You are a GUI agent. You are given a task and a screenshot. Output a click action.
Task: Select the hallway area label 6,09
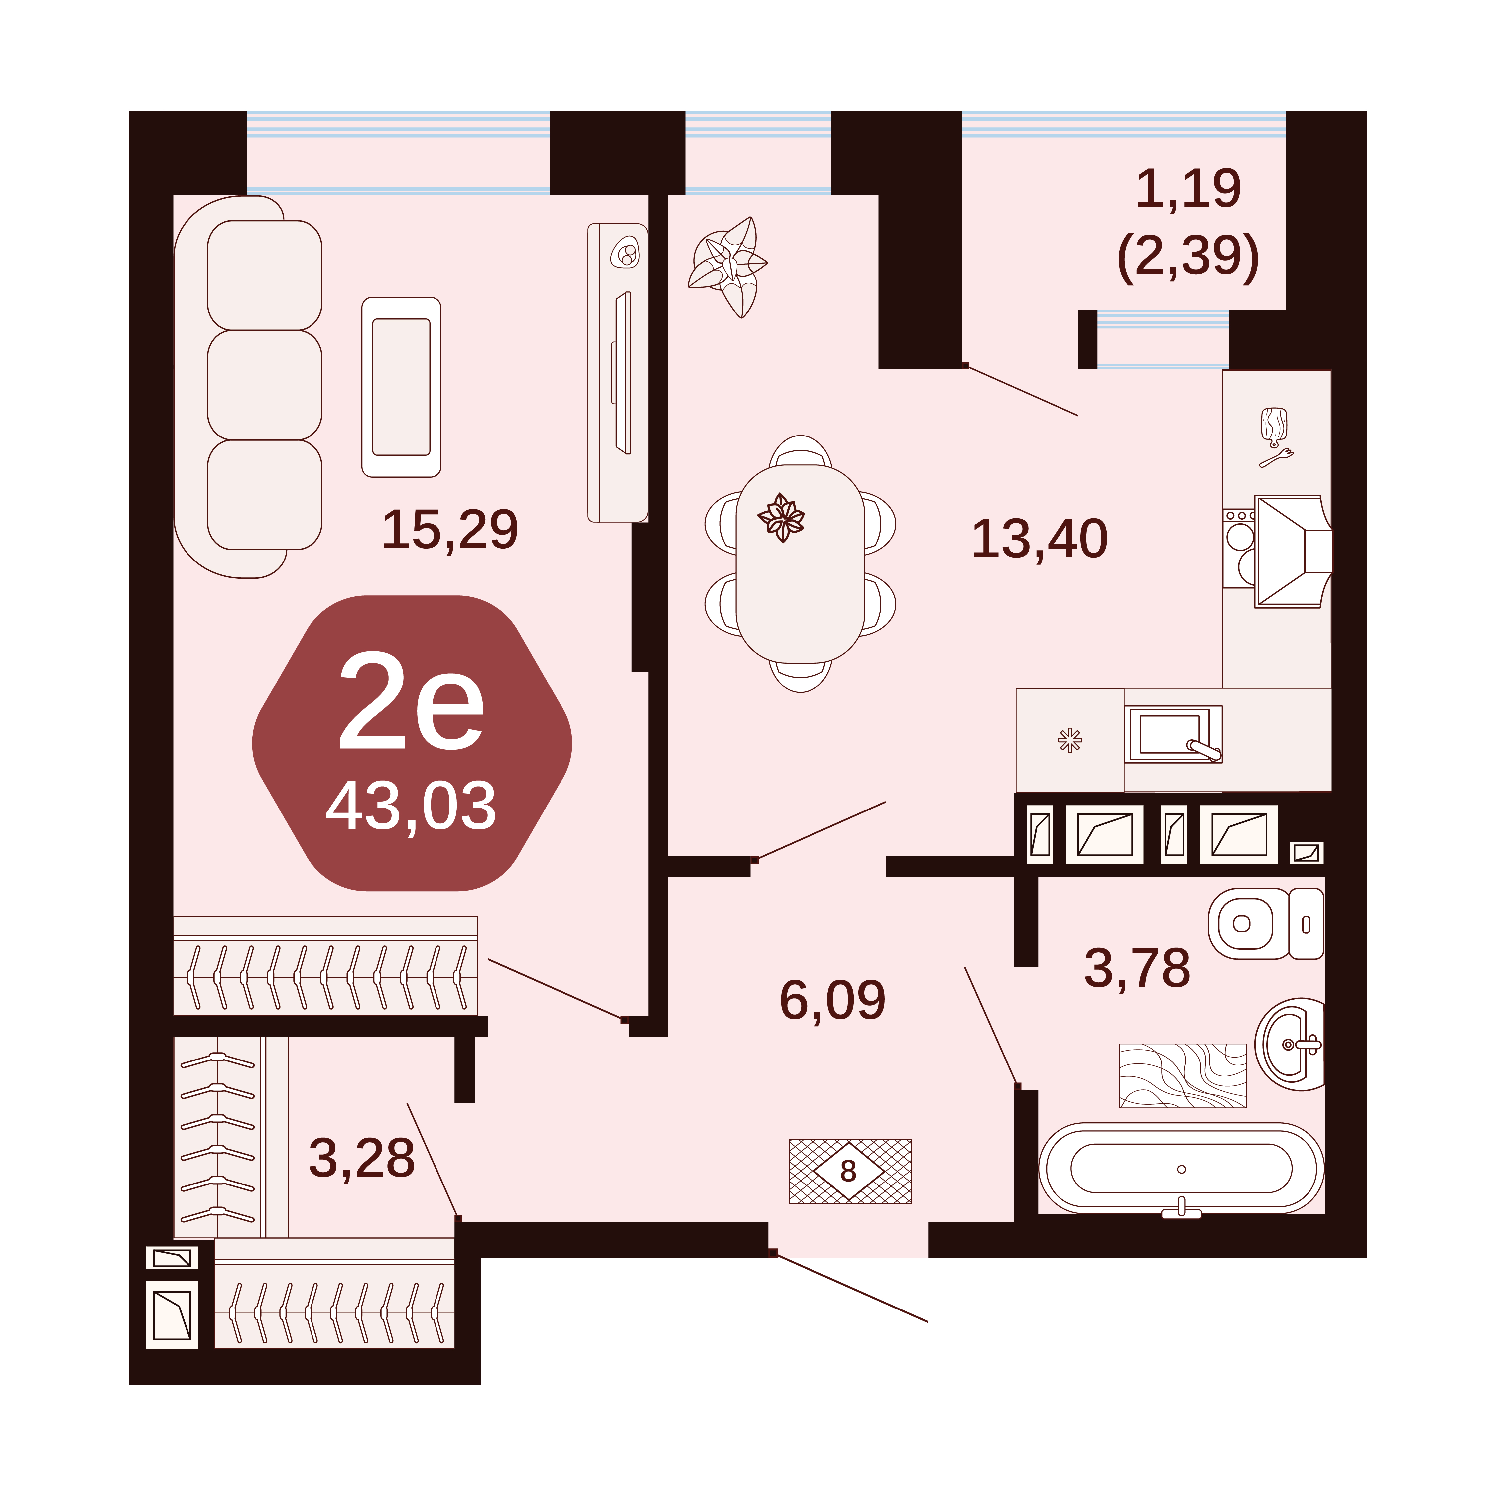(832, 1000)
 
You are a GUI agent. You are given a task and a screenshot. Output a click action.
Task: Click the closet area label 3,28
(362, 1158)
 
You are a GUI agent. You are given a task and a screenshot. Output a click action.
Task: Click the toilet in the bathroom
(1266, 924)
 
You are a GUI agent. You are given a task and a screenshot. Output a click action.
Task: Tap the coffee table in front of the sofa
(401, 387)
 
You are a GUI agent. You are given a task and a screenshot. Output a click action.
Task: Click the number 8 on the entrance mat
(849, 1172)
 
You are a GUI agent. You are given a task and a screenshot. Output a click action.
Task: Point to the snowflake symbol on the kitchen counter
(1070, 740)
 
